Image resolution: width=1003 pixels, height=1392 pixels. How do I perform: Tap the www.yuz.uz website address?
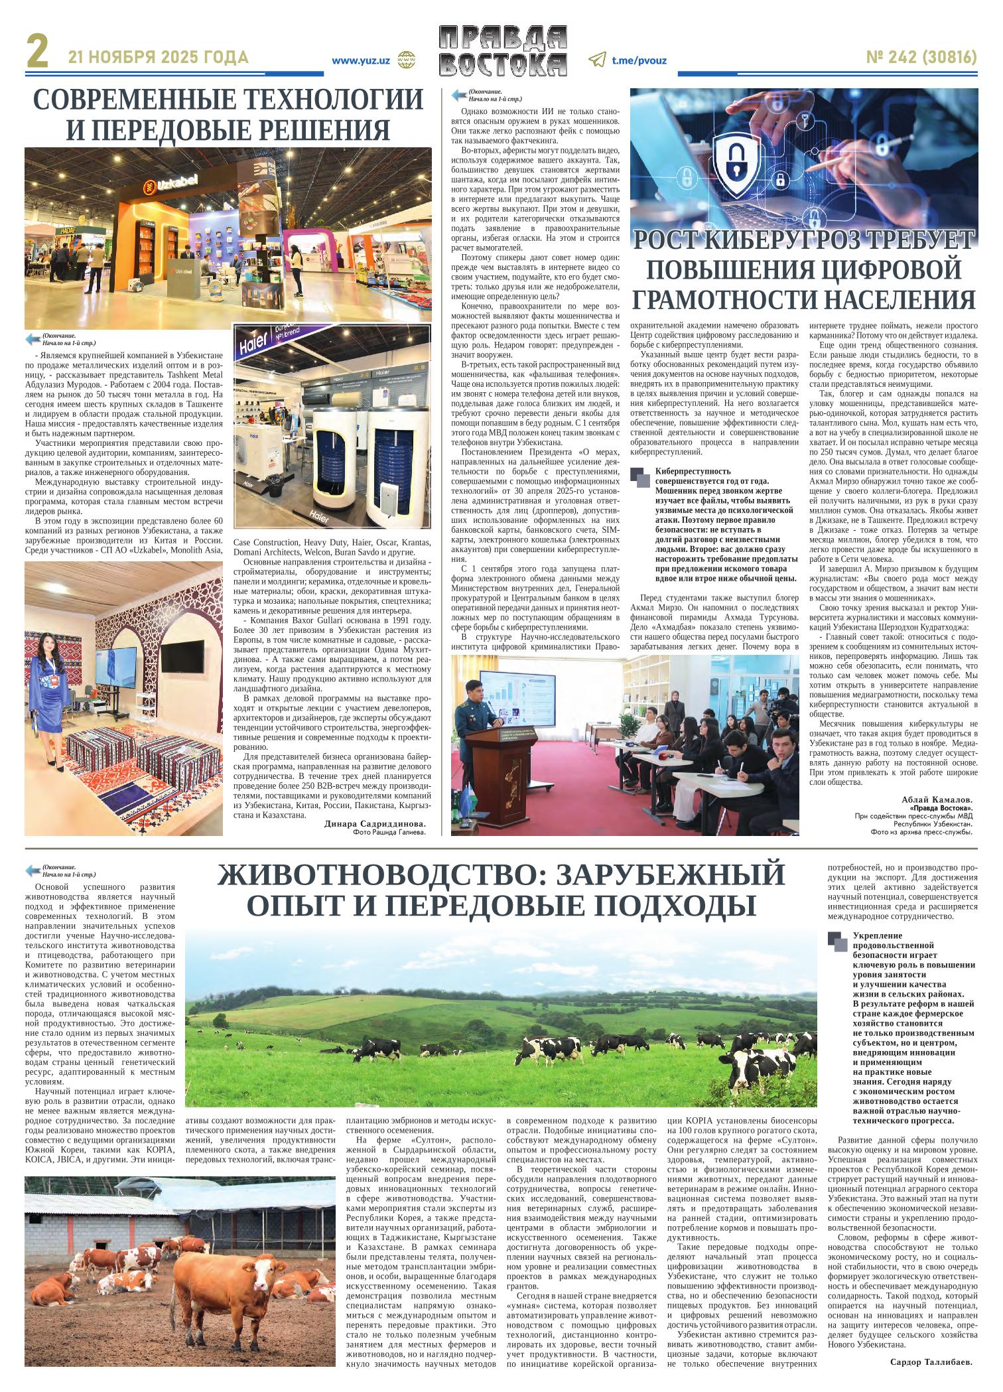pyautogui.click(x=360, y=60)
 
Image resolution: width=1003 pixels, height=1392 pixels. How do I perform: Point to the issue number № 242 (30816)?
pyautogui.click(x=921, y=58)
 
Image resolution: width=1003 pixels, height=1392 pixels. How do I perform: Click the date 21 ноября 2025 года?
pyautogui.click(x=159, y=58)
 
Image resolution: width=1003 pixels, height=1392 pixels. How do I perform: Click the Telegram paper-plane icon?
pyautogui.click(x=597, y=60)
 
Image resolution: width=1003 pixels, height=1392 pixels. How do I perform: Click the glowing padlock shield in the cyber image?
pyautogui.click(x=743, y=161)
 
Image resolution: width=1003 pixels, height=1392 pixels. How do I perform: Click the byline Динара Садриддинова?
pyautogui.click(x=375, y=824)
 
